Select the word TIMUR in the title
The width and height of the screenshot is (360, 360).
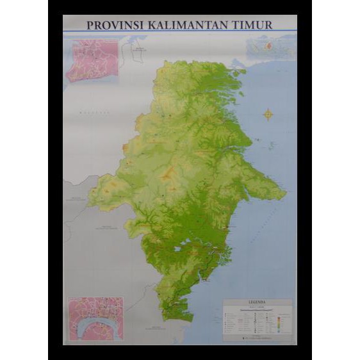(x=253, y=25)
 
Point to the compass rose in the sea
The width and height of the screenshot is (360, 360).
(x=268, y=115)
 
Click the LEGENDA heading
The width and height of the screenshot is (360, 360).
(x=257, y=302)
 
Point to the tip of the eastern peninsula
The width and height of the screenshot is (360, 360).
(x=285, y=192)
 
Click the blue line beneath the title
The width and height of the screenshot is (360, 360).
(x=180, y=32)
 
